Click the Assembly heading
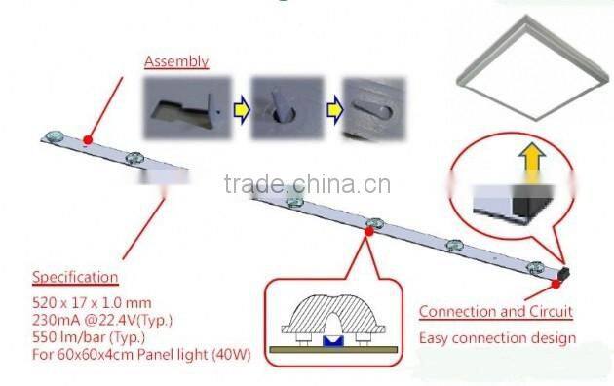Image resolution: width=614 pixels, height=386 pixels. point(176,61)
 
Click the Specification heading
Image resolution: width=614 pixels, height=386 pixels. point(76,277)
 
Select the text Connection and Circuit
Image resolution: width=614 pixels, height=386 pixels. point(495,312)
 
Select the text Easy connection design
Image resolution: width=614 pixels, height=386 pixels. point(497,338)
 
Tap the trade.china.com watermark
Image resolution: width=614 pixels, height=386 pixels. point(307,185)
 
